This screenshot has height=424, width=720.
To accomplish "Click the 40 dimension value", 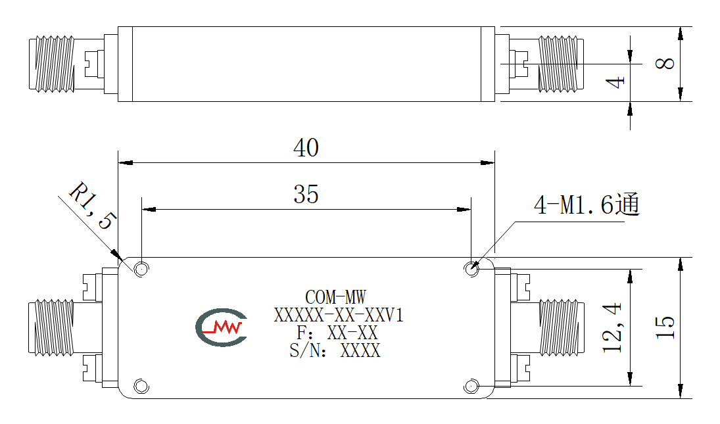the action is point(306,148).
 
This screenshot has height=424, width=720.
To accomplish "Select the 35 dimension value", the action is point(306,194).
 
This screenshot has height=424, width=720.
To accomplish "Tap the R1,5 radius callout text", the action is point(93,205).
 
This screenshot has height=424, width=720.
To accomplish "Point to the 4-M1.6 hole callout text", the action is point(587,204).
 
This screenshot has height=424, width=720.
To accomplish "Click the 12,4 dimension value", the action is point(613,327).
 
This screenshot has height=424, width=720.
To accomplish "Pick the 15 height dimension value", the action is point(665,327).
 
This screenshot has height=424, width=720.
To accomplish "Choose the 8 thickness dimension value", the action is point(665,63).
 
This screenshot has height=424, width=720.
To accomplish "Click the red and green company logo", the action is point(222,327).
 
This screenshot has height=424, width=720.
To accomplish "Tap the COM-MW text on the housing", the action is point(335,297).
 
